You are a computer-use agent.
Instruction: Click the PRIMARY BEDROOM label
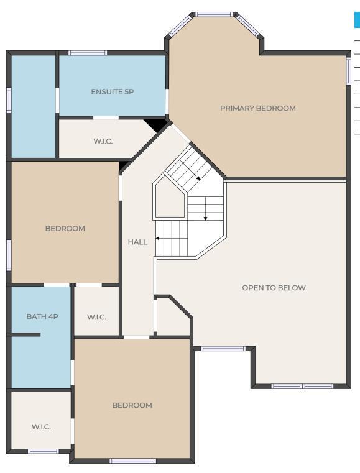tap(257, 108)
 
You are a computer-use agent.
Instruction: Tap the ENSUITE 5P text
tap(113, 92)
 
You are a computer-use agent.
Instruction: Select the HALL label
tap(137, 242)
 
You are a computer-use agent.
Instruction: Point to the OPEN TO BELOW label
tap(274, 288)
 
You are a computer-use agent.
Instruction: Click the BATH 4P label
tap(42, 316)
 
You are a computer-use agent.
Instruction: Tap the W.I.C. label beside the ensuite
tap(103, 141)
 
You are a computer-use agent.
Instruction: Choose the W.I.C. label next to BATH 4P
tap(96, 317)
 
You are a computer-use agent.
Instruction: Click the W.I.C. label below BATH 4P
tap(41, 427)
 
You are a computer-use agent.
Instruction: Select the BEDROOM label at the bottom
tap(132, 405)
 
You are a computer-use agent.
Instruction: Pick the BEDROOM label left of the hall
tap(65, 228)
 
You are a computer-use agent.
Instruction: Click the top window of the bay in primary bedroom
tap(214, 14)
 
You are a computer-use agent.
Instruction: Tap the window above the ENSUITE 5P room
tap(88, 53)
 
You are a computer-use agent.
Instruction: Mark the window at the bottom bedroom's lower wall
tap(132, 461)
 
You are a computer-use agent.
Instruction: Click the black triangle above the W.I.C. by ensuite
tap(156, 125)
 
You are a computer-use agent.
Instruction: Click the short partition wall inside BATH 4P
tap(24, 334)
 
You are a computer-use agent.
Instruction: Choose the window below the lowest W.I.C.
tap(43, 452)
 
